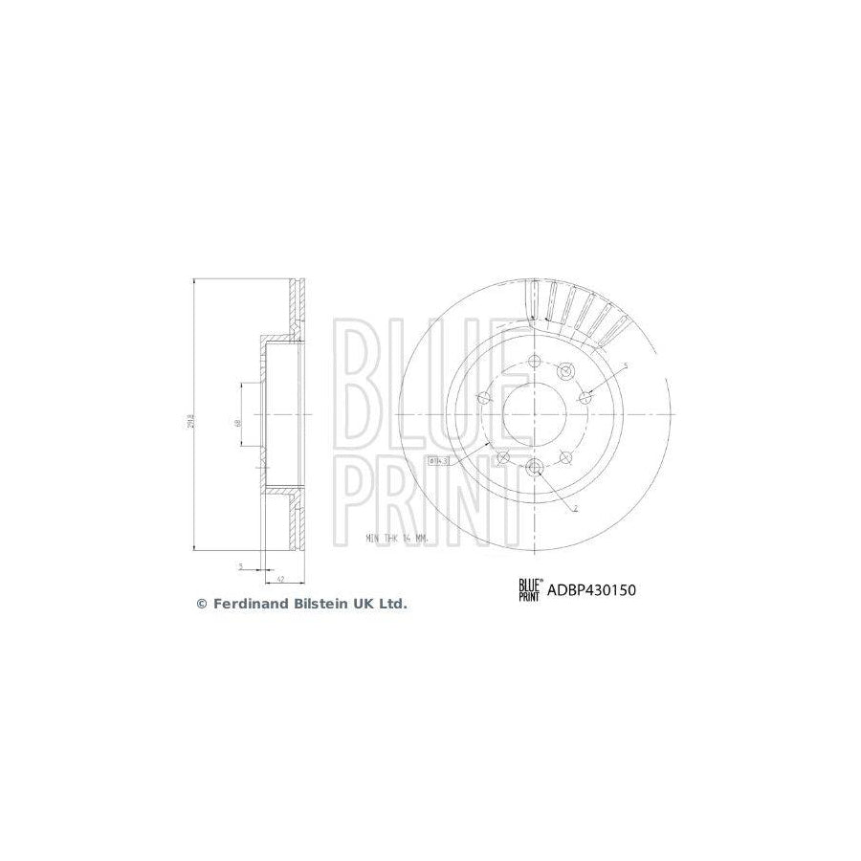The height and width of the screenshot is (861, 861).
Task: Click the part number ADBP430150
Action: pyautogui.click(x=590, y=590)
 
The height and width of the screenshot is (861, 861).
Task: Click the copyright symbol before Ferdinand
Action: pyautogui.click(x=201, y=604)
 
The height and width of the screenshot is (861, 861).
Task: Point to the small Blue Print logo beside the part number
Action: pyautogui.click(x=529, y=590)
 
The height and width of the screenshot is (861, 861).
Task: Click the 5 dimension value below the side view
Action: pyautogui.click(x=241, y=567)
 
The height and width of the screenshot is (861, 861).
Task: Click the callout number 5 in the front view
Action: pyautogui.click(x=626, y=366)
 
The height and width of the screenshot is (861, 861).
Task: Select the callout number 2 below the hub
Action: pyautogui.click(x=575, y=509)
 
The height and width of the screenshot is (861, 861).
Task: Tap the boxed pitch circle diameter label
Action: pyautogui.click(x=439, y=460)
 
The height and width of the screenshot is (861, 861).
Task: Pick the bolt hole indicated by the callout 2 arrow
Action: pyautogui.click(x=535, y=467)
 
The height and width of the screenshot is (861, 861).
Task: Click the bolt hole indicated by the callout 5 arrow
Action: pyautogui.click(x=585, y=397)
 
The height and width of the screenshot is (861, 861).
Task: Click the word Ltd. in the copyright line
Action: pyautogui.click(x=393, y=604)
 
